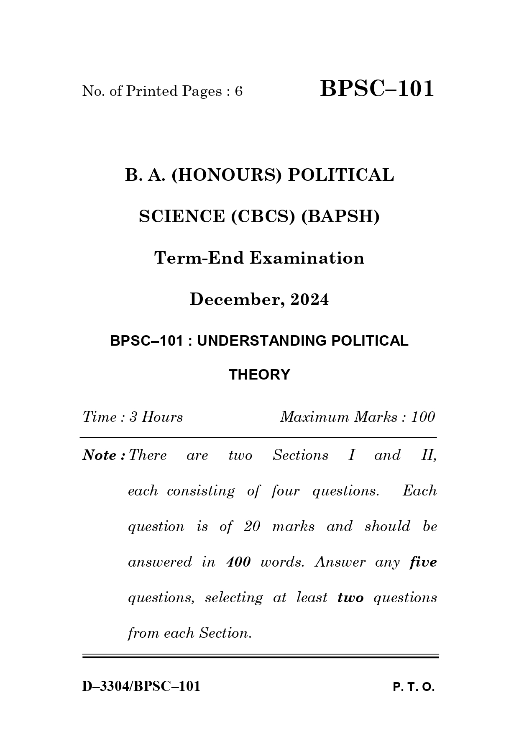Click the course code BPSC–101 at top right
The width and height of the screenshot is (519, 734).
coord(377,89)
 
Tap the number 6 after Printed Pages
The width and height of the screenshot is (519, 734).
coord(238,91)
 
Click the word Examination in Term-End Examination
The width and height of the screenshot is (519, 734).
coord(307,258)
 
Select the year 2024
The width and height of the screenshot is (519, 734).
coord(309,300)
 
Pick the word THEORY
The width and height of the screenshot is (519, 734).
coord(259,375)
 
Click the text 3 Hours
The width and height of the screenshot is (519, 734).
coord(156,417)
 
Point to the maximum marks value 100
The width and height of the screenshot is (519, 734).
coord(423,417)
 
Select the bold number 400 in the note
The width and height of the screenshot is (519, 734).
coord(238,562)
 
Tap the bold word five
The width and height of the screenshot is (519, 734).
coord(423,562)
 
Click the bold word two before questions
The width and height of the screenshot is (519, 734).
coord(350,598)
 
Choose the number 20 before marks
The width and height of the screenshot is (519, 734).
coord(252,526)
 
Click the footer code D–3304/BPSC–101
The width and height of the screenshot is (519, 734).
coord(141,686)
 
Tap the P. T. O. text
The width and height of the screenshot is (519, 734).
coord(414,687)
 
